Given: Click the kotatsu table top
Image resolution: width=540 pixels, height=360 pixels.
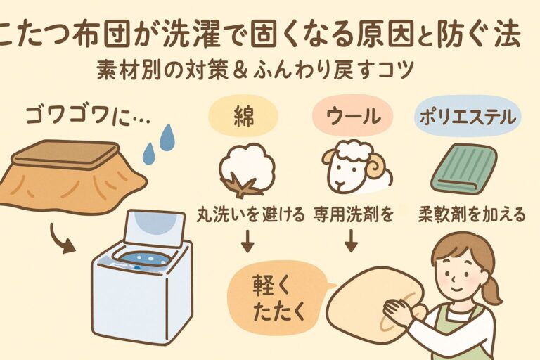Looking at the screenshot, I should (64, 150).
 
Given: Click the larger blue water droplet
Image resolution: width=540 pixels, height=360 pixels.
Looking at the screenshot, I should (167, 138).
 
